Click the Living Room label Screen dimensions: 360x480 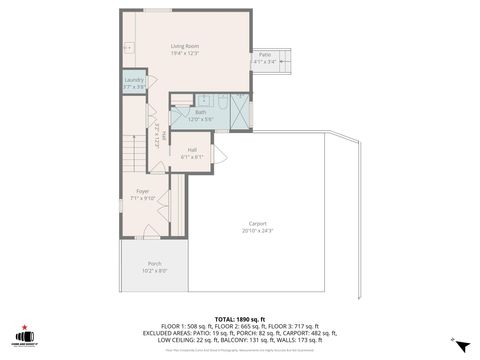pyautogui.click(x=184, y=46)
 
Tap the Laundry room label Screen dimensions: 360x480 pyautogui.click(x=134, y=80)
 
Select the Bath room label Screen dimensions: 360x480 pyautogui.click(x=200, y=113)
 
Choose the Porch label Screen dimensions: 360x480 pyautogui.click(x=154, y=264)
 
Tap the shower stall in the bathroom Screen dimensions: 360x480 pyautogui.click(x=241, y=110)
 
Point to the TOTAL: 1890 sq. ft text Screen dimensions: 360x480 pyautogui.click(x=239, y=318)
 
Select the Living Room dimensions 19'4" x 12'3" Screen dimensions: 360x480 pyautogui.click(x=184, y=53)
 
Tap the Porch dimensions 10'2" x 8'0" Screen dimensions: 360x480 pyautogui.click(x=154, y=271)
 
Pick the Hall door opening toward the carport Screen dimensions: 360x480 pyautogui.click(x=219, y=155)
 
